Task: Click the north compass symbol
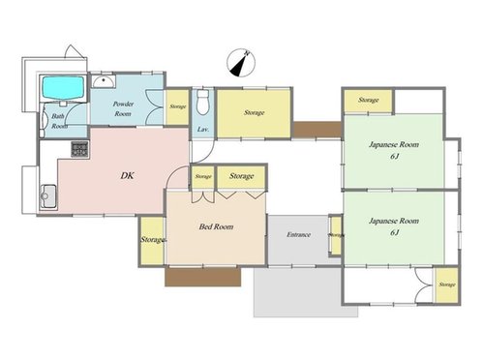click(241, 63)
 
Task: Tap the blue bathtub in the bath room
click(63, 88)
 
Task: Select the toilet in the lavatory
click(203, 103)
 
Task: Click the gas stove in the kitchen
click(79, 149)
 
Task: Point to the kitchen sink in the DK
click(48, 196)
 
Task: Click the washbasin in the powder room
click(104, 81)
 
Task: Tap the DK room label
click(127, 176)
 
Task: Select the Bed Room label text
click(216, 226)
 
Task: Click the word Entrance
click(298, 234)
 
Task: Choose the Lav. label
click(203, 130)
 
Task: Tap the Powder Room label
click(123, 108)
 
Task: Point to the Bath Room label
click(59, 121)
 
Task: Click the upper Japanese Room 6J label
click(394, 150)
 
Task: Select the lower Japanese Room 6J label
click(394, 226)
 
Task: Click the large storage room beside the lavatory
click(254, 113)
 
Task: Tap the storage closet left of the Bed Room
click(152, 240)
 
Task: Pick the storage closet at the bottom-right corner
click(446, 285)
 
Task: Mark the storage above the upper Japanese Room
click(368, 101)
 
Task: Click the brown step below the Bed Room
click(203, 277)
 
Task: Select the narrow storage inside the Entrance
click(336, 235)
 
